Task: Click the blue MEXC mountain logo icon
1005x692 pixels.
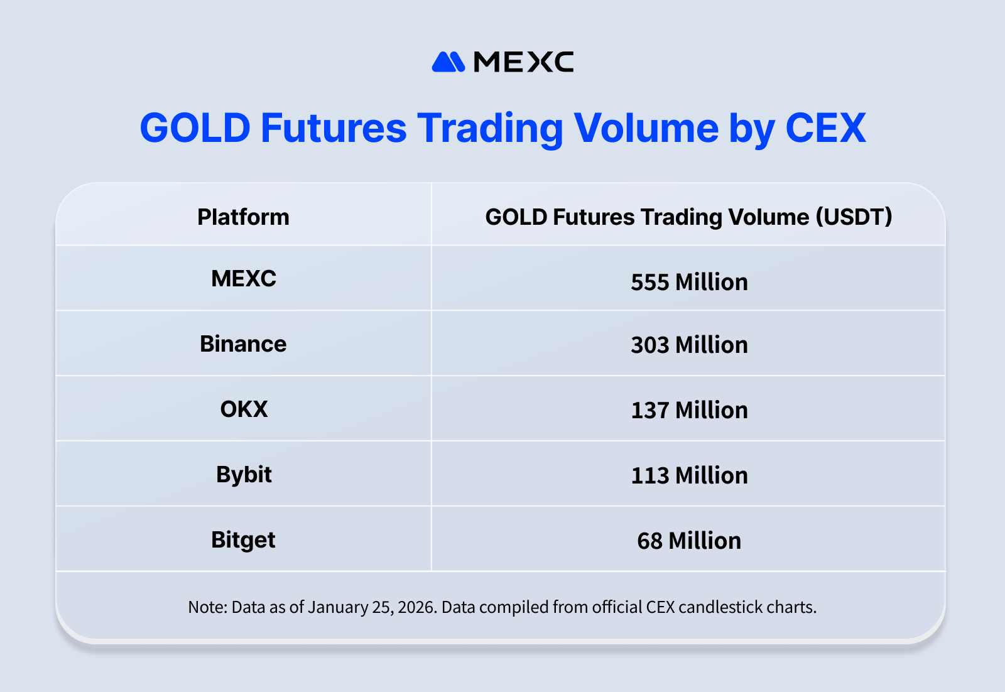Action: coord(448,62)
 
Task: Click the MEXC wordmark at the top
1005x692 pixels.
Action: coord(523,62)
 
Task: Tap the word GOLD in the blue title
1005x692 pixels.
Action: coord(195,128)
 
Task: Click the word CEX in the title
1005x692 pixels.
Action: coord(825,128)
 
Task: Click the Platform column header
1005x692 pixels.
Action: coord(243,217)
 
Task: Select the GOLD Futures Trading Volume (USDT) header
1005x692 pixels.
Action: coord(688,217)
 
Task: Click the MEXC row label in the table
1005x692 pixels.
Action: coord(244,279)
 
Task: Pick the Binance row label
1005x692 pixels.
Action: coord(243,344)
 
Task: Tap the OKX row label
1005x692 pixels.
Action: coord(244,409)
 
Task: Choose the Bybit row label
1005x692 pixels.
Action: coord(244,475)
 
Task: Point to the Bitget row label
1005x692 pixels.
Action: coord(243,540)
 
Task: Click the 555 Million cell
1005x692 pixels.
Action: coord(689,282)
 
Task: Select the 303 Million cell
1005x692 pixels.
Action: coord(689,345)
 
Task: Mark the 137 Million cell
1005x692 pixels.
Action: coord(689,410)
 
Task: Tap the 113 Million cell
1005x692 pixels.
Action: coord(689,475)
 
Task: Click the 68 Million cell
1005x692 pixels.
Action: coord(689,541)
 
